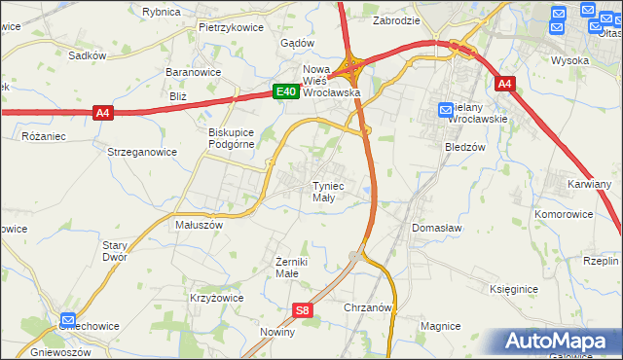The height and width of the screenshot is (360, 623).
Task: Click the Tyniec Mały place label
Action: (326, 191)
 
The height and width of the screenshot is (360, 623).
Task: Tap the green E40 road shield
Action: (284, 91)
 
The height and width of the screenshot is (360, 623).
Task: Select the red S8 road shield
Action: (303, 310)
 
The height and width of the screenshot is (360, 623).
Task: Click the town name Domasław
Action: (436, 227)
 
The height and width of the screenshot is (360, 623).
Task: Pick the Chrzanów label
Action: (368, 306)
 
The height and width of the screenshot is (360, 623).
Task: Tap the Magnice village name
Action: (440, 326)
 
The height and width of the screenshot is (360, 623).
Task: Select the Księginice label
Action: (515, 289)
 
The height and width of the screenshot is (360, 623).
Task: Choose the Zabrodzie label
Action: (396, 19)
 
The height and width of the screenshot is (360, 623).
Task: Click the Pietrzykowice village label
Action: (231, 27)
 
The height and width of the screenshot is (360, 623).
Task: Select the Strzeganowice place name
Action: (142, 152)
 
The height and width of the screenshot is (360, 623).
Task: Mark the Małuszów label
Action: (199, 224)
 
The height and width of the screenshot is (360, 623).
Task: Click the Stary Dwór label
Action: (116, 251)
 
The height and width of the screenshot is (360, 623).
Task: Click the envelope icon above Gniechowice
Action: (68, 319)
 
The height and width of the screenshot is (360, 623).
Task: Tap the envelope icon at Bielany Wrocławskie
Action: (445, 112)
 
